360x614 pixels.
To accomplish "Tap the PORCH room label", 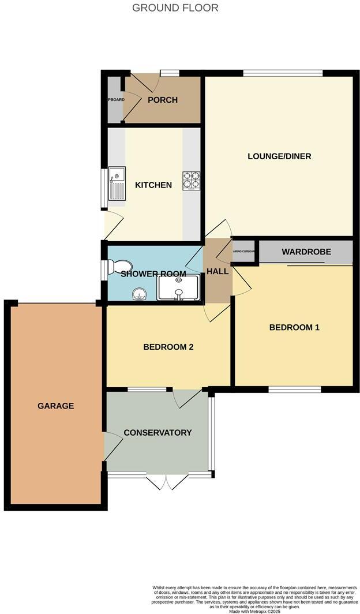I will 163,100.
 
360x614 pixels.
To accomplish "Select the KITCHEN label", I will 153,185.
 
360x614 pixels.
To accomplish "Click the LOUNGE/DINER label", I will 279,156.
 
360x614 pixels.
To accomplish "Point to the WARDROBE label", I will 306,252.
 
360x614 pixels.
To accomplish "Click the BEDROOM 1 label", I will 294,327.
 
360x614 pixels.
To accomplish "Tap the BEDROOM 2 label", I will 168,347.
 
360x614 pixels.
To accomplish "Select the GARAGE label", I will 56,406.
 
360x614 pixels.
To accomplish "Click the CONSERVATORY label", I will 157,432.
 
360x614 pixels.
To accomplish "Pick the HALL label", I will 217,271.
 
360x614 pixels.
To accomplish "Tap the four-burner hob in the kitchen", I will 191,180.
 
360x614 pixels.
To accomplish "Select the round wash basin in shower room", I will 137,295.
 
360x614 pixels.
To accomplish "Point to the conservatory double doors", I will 167,481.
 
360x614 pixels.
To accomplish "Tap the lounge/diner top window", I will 283,73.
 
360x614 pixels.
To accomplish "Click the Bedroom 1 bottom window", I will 295,390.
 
